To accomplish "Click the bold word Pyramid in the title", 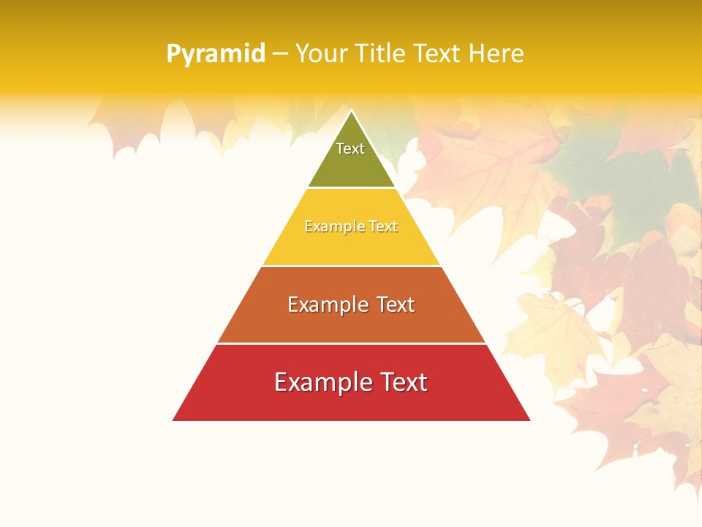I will pyautogui.click(x=216, y=54).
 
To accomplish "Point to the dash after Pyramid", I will pyautogui.click(x=280, y=54).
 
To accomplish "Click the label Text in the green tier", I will pyautogui.click(x=350, y=149).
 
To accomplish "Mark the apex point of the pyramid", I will pyautogui.click(x=352, y=111).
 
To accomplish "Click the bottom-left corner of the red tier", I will pyautogui.click(x=174, y=419).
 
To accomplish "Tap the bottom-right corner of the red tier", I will pyautogui.click(x=529, y=419).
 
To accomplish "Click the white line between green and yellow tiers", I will pyautogui.click(x=352, y=188).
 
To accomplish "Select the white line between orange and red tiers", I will pyautogui.click(x=352, y=343).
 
